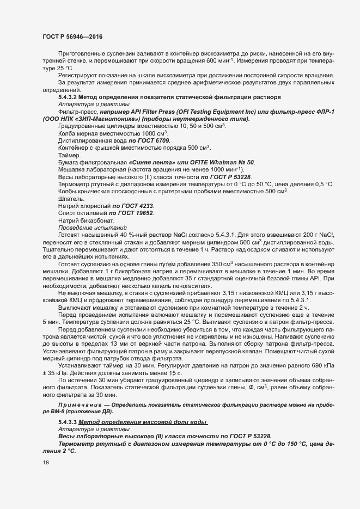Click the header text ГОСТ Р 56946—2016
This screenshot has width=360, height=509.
click(x=72, y=36)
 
